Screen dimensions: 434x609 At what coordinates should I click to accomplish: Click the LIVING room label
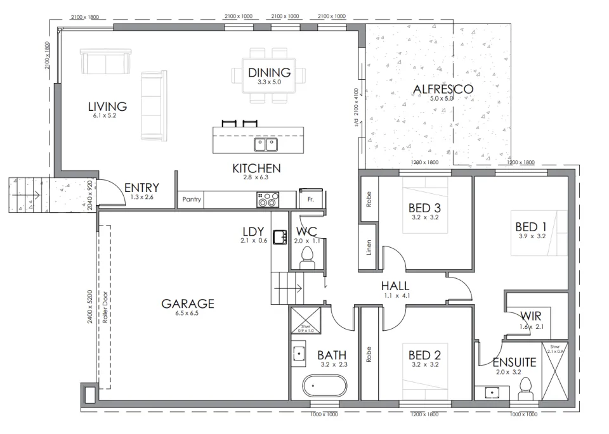point(107,106)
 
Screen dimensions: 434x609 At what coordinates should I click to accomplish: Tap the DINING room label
point(269,72)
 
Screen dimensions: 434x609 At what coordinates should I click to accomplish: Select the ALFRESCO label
point(442,89)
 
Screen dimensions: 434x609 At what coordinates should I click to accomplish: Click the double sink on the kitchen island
point(266,145)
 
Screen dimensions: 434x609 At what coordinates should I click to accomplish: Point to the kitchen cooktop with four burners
point(266,200)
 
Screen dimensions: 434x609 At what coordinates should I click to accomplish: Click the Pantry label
point(192,200)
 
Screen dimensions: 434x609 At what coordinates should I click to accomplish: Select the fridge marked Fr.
point(311,199)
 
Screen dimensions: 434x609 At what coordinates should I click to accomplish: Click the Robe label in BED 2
point(369,354)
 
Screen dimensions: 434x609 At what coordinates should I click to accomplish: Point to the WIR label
point(530,316)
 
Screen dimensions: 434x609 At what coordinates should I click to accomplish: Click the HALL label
point(395,286)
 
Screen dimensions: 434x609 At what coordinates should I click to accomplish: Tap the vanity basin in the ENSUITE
point(493,393)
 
